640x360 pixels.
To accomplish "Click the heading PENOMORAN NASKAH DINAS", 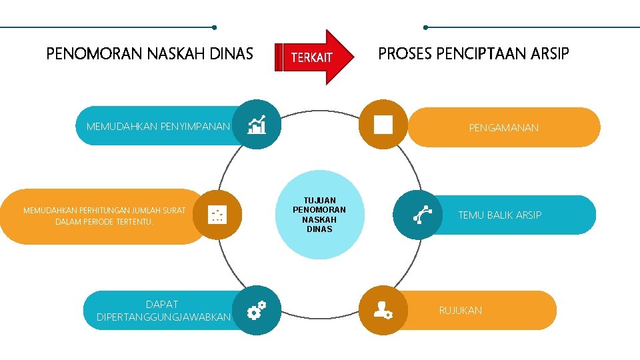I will click(150, 53).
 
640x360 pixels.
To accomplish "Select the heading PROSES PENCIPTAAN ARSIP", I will click(473, 53).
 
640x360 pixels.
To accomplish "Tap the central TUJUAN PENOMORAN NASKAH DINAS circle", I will click(319, 215).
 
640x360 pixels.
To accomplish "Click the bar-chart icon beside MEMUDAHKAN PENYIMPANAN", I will click(257, 124).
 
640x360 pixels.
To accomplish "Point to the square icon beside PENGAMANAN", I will click(383, 124).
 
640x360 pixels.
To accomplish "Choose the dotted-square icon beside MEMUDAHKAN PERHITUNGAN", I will click(218, 214).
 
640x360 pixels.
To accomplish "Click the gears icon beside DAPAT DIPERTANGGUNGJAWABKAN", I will click(257, 311).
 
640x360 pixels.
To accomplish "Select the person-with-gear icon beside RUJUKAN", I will click(383, 309).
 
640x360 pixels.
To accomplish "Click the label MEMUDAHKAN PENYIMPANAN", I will click(158, 126).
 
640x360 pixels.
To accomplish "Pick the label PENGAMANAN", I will click(503, 127).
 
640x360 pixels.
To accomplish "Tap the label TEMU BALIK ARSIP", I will click(499, 215).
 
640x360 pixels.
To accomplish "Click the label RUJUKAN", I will click(460, 310).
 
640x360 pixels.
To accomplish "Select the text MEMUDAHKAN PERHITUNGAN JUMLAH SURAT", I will click(104, 211).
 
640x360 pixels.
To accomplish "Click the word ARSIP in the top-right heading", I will click(550, 53).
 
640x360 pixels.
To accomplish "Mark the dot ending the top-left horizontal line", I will click(213, 27).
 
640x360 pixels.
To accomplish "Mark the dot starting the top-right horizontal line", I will click(425, 27).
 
